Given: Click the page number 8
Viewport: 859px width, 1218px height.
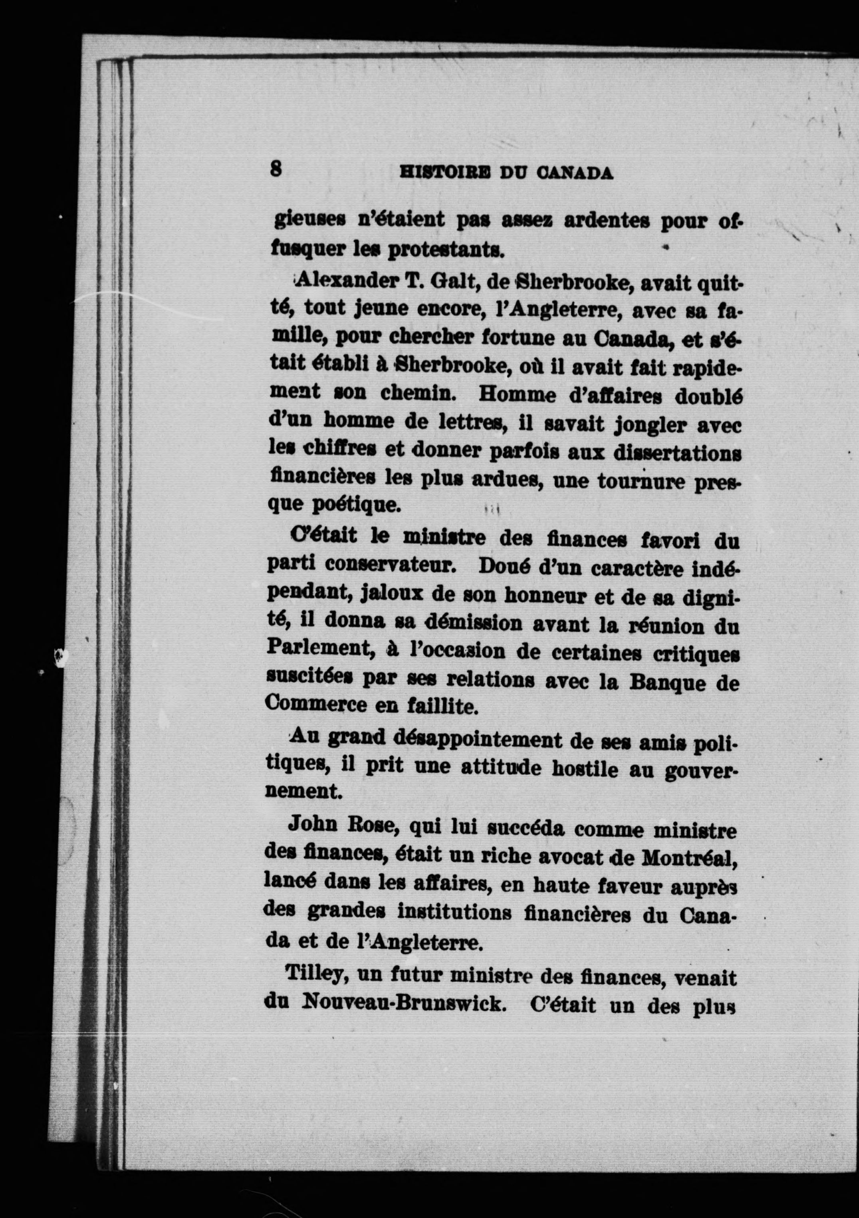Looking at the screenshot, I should [x=276, y=169].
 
